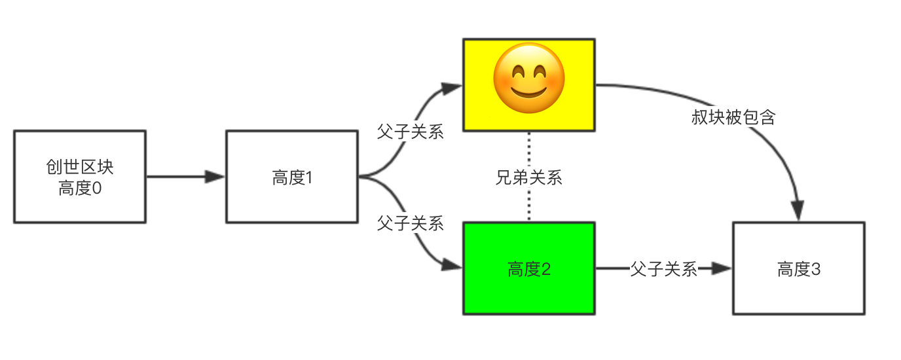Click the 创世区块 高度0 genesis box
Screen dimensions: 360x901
click(79, 176)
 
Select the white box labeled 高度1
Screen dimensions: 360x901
click(291, 176)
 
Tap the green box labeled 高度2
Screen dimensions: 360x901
click(528, 268)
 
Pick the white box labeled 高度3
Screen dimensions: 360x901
click(798, 268)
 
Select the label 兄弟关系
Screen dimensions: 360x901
click(528, 177)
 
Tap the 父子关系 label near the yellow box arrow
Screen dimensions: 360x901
click(411, 132)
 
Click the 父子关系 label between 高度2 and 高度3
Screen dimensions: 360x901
click(663, 268)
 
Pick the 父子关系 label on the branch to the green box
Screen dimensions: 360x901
click(411, 223)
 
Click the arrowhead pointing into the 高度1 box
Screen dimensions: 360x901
click(215, 176)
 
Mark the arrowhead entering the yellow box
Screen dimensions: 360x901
click(452, 86)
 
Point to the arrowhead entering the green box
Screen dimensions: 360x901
click(452, 265)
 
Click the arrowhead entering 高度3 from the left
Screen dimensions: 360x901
click(722, 268)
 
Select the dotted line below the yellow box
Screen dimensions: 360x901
click(528, 151)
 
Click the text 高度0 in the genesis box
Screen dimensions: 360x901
click(80, 188)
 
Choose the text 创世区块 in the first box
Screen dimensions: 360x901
click(80, 167)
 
